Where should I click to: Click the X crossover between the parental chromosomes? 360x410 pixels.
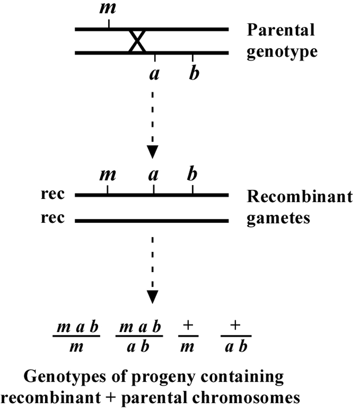click(137, 41)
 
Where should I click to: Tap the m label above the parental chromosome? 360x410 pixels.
click(108, 8)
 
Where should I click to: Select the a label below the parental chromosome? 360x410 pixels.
click(155, 74)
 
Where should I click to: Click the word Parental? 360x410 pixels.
click(281, 30)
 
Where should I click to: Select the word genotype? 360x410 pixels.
click(282, 52)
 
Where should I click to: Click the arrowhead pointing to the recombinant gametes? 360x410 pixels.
click(152, 152)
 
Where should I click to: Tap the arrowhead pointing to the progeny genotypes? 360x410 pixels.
click(152, 297)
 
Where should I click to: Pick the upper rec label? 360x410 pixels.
click(53, 194)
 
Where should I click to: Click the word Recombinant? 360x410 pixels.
click(300, 196)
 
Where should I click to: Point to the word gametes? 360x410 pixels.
click(278, 218)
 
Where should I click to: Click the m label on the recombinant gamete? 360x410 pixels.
click(107, 175)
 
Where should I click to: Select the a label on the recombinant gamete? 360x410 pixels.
click(153, 175)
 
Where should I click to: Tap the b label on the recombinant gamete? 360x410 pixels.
click(192, 173)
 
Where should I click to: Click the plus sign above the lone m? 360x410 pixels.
click(188, 325)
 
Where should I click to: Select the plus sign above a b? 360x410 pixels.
click(235, 325)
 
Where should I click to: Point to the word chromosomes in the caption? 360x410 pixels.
click(246, 398)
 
